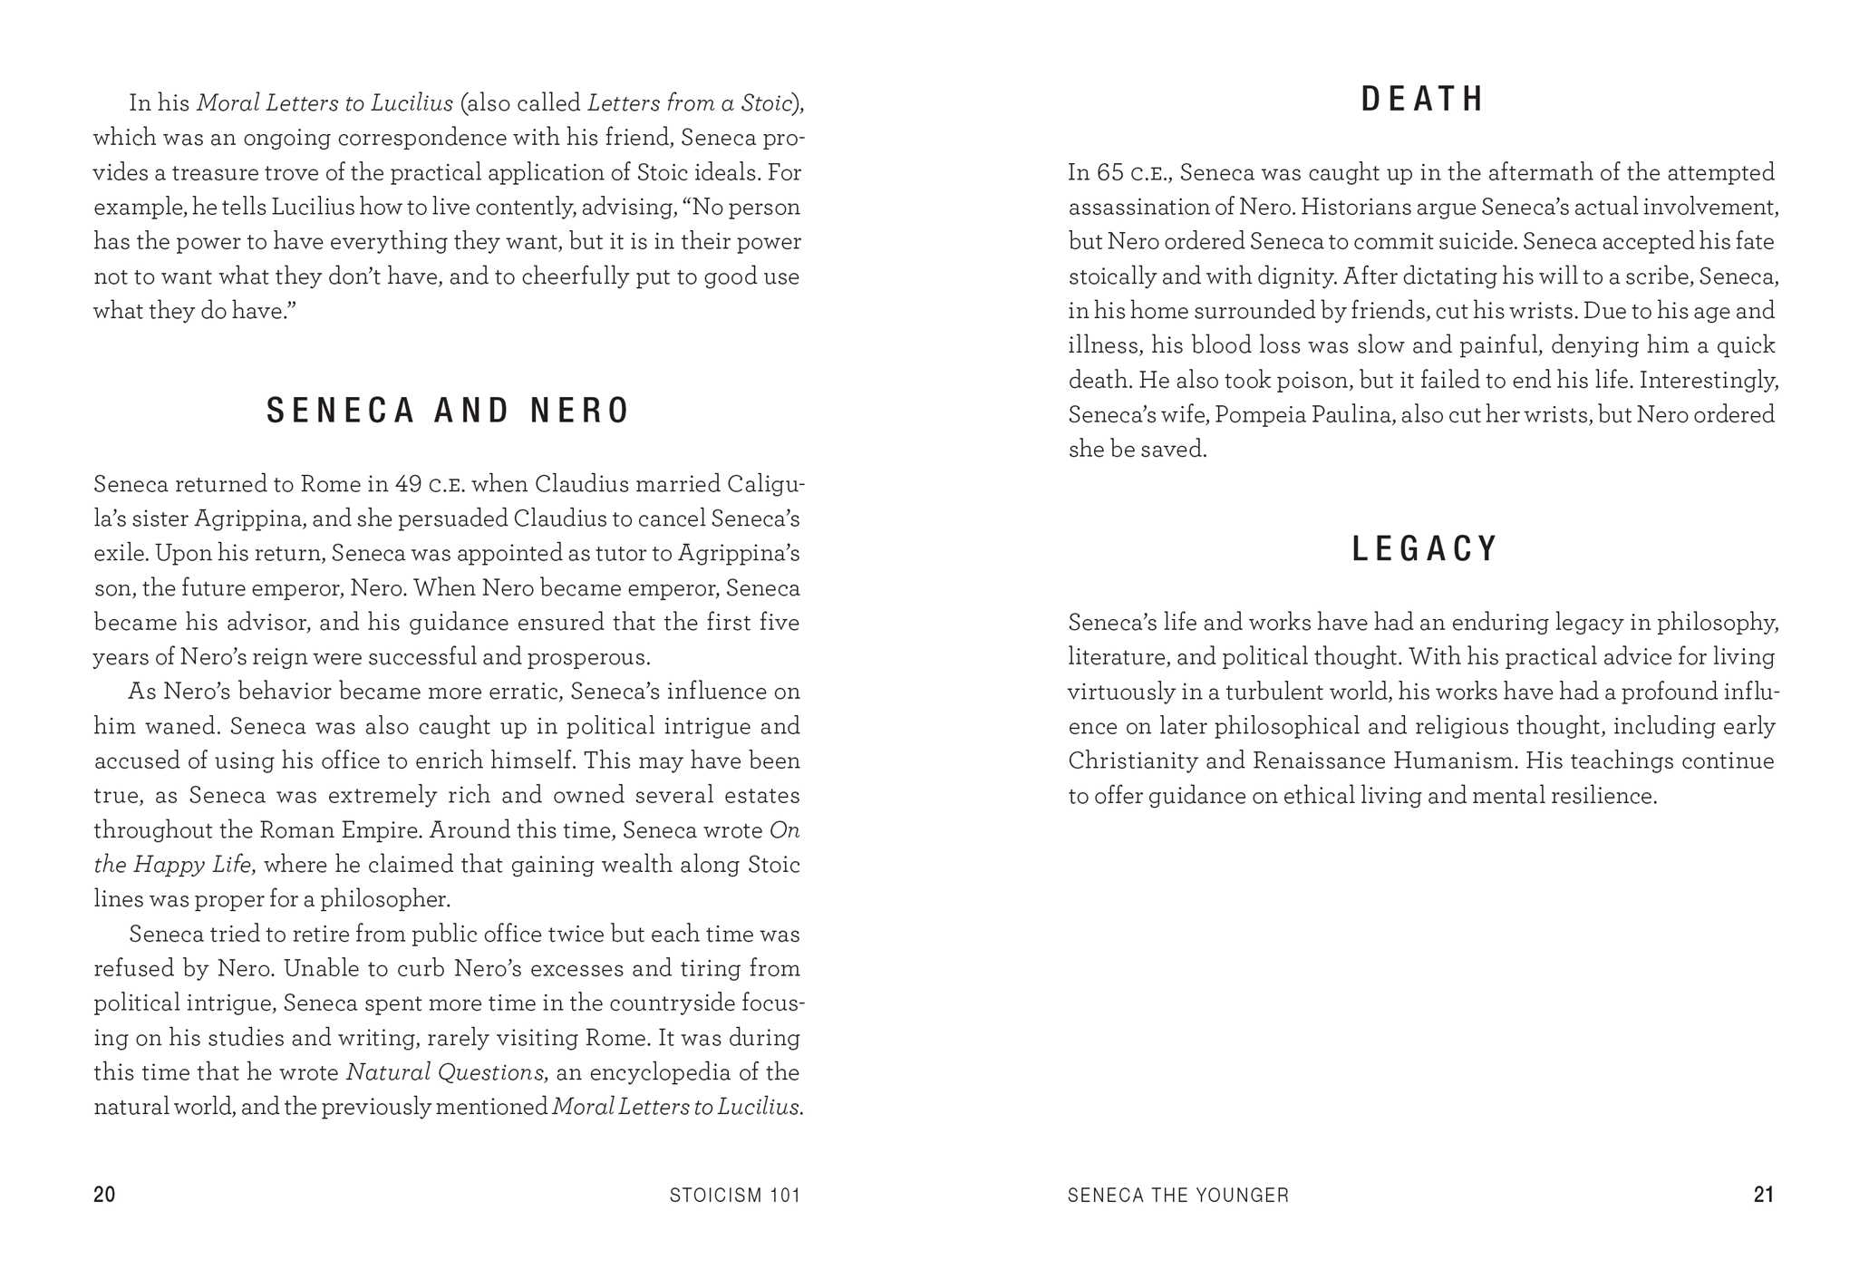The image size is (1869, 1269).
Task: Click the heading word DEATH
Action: point(1422,99)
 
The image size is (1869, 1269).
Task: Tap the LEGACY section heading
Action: point(1424,548)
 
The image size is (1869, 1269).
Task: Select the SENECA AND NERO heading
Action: point(448,411)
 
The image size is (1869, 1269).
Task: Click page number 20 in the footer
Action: point(104,1195)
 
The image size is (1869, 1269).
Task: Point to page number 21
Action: point(1763,1195)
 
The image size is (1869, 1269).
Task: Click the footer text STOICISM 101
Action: point(735,1196)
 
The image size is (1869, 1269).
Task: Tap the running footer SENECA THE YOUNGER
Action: point(1177,1196)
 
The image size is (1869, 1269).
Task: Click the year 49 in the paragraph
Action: point(408,484)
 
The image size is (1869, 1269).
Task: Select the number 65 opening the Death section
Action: point(1110,172)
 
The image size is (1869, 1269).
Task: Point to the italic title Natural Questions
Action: point(444,1072)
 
